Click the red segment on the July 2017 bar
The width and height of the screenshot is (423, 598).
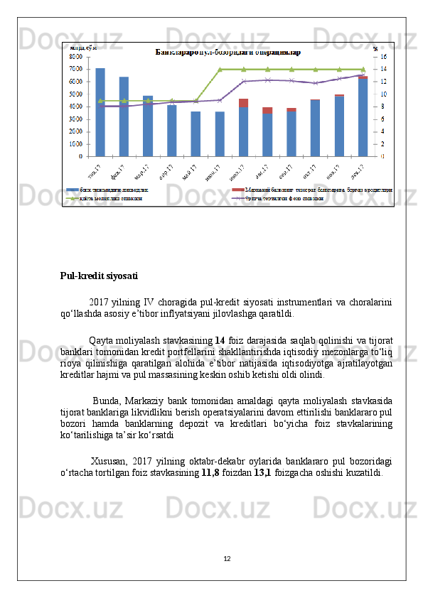tap(244, 103)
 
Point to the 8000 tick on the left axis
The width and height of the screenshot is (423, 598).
tap(75, 56)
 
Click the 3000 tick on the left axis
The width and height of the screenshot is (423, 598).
tap(75, 119)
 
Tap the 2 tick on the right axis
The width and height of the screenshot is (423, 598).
tap(383, 143)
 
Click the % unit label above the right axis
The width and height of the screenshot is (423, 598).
tap(375, 48)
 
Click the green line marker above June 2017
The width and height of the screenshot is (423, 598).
tap(220, 69)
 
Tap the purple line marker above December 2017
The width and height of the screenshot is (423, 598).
tap(363, 74)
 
